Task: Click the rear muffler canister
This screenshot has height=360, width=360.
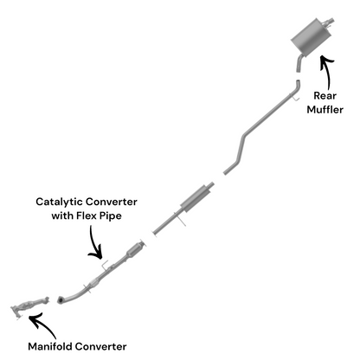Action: [309, 37]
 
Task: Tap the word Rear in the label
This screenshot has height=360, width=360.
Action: [325, 96]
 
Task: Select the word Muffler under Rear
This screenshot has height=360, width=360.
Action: [325, 110]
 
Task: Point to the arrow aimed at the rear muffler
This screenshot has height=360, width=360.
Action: [328, 72]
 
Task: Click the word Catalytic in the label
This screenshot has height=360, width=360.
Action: [59, 202]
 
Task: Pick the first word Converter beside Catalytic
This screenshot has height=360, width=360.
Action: [112, 202]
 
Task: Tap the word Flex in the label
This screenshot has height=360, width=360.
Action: [87, 215]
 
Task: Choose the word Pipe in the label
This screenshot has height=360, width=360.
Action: [111, 216]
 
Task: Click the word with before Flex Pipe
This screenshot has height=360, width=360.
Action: [62, 215]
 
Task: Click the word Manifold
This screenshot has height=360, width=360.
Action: [49, 346]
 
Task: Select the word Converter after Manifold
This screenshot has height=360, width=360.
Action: [100, 346]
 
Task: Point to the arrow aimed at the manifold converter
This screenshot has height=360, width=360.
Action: [42, 325]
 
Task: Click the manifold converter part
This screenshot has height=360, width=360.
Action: [29, 306]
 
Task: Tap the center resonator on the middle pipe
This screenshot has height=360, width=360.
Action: [196, 198]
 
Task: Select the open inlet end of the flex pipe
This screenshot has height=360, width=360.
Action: [61, 300]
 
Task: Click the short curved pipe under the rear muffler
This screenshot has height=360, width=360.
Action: [299, 63]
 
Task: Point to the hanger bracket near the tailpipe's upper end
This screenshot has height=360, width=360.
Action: [295, 98]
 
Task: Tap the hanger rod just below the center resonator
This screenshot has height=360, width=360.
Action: [180, 219]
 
